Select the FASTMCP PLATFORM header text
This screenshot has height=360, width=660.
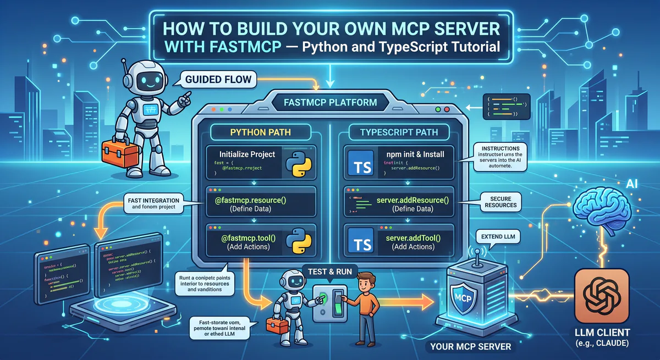[x=330, y=102]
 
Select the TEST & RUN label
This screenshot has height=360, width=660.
[x=329, y=271]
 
